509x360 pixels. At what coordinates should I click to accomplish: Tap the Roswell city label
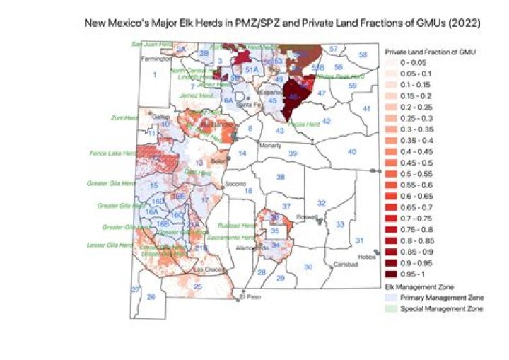[x=305, y=217]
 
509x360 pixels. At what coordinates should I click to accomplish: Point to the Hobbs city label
[x=365, y=257]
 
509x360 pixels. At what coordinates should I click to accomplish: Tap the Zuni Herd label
[x=125, y=117]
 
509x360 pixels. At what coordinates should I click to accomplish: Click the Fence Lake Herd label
[x=112, y=153]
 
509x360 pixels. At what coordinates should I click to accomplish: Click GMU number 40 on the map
[x=351, y=152]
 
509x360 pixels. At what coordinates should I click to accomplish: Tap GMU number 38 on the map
[x=280, y=177]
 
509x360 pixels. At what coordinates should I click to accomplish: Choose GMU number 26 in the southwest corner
[x=151, y=297]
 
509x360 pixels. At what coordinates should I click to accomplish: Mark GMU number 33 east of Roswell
[x=339, y=224]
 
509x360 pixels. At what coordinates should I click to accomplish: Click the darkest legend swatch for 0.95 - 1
[x=391, y=272]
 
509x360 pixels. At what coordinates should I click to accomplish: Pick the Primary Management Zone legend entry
[x=432, y=298]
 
